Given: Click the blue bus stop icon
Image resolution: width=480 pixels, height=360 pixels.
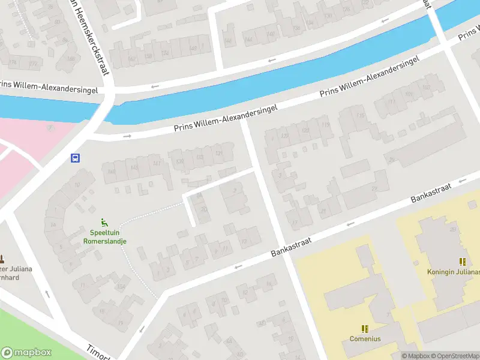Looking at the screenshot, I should tap(76, 158).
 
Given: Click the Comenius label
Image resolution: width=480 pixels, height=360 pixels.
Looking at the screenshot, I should tap(365, 338).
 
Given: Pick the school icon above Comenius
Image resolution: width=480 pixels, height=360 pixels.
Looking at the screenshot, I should tap(365, 328).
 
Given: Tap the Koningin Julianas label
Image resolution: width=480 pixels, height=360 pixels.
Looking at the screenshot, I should tap(454, 272).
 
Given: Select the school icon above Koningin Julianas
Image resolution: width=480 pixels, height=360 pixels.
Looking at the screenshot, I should tap(463, 262).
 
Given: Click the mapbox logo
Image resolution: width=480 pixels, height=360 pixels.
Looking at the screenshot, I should tap(26, 353).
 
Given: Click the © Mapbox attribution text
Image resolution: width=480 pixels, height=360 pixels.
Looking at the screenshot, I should tap(415, 356).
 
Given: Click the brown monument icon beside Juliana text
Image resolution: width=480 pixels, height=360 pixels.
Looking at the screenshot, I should tap(2, 259).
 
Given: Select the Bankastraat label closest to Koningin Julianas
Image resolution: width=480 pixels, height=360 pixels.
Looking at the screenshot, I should tap(430, 191).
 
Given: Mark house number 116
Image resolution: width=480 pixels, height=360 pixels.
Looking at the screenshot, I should tap(361, 115).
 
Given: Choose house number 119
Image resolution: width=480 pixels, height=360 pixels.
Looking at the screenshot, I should tap(326, 125).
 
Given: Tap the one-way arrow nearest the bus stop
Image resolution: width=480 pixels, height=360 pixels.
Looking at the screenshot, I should tap(127, 136).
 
